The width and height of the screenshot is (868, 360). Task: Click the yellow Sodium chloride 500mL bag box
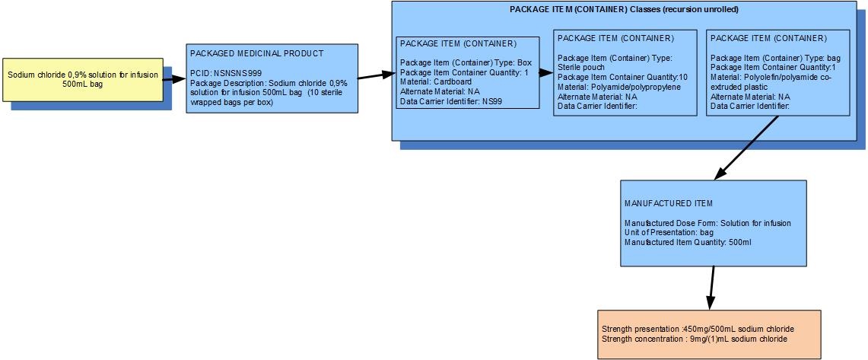click(82, 80)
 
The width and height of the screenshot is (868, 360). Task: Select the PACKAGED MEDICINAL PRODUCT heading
click(257, 53)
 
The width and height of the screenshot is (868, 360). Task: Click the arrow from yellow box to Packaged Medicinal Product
click(173, 80)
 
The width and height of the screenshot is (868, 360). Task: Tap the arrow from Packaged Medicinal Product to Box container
click(377, 75)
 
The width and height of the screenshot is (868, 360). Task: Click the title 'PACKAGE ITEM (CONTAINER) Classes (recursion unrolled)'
click(624, 9)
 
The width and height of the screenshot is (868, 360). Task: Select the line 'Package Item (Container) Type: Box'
click(466, 62)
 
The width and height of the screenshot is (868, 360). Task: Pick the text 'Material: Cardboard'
click(436, 81)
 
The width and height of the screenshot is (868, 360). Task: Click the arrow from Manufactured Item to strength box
click(712, 288)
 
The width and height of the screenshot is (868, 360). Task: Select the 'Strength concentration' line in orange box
click(695, 339)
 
